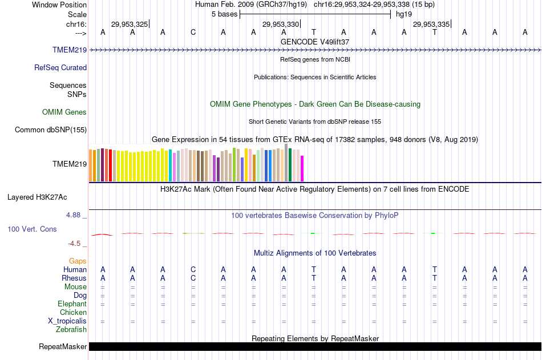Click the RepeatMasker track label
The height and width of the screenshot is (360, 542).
pos(63,347)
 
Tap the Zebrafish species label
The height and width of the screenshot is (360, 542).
pos(71,329)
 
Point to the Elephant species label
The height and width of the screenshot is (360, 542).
pos(72,304)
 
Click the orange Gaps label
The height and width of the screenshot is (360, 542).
pos(78,261)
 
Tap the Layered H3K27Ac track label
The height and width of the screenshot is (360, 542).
pos(37,197)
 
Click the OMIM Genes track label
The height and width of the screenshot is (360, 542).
pos(64,112)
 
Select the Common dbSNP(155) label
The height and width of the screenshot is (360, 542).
pos(51,130)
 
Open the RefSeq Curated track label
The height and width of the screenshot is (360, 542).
pos(60,67)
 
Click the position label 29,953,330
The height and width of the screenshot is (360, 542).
pos(280,24)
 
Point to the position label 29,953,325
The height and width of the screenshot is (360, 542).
pos(130,24)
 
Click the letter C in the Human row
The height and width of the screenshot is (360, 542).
pos(193,269)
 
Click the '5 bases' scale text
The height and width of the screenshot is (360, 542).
pos(223,14)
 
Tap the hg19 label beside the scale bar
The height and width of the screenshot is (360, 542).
pos(403,14)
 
